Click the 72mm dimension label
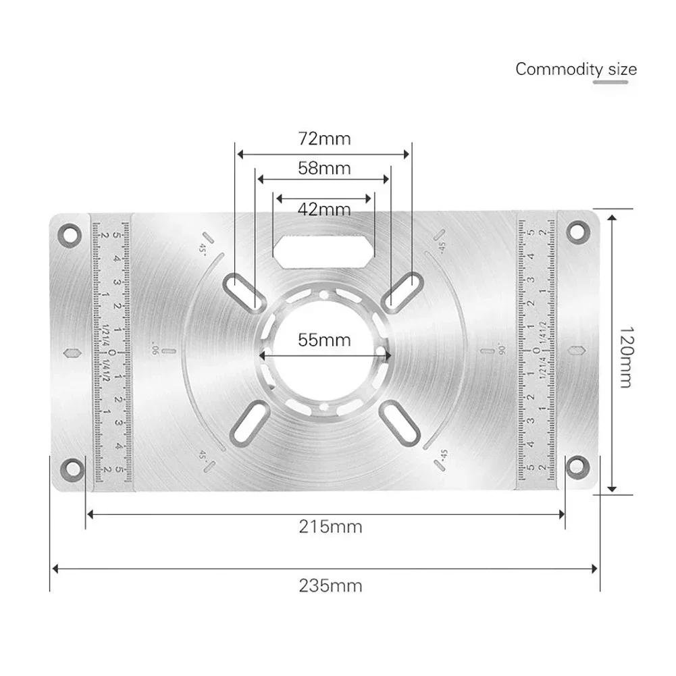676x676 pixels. (324, 139)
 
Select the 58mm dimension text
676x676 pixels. (324, 167)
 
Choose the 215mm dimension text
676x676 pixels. (330, 527)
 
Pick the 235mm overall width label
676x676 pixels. (330, 586)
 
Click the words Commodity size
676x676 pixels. (575, 69)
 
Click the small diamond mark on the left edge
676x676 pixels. (72, 354)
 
